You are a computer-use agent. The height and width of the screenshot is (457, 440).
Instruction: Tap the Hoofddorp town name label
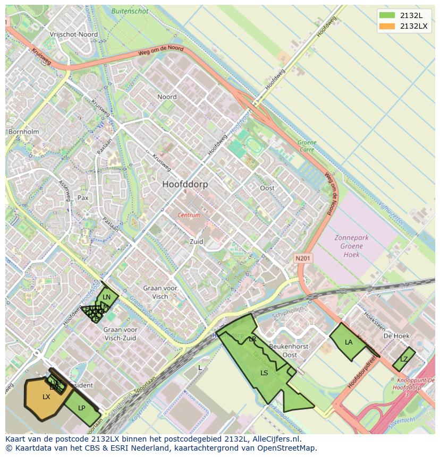coord(185,184)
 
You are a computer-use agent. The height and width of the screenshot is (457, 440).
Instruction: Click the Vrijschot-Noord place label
coord(73,34)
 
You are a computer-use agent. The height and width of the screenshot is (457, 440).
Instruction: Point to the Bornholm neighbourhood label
coord(23,132)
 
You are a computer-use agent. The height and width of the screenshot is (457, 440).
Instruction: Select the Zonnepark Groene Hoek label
coord(351,246)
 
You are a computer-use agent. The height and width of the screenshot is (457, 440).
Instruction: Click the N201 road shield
coord(303,258)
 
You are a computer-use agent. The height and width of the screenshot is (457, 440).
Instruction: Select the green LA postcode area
coord(348,342)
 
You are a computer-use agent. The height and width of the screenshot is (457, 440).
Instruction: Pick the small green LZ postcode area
coord(404,359)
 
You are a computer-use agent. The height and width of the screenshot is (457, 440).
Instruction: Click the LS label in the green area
coord(264,373)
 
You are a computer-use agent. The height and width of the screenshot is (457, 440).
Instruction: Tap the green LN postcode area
coord(107,297)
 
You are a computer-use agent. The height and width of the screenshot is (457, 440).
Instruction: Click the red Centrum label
coord(189,215)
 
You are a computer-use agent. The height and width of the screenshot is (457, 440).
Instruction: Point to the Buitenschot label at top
coord(130,11)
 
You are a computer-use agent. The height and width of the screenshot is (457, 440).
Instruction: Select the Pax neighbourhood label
coord(83,197)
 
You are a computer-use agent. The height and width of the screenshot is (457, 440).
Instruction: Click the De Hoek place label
coord(396,336)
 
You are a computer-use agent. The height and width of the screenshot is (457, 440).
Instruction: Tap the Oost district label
coord(267,188)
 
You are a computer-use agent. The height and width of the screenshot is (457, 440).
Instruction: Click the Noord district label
coord(167,97)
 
